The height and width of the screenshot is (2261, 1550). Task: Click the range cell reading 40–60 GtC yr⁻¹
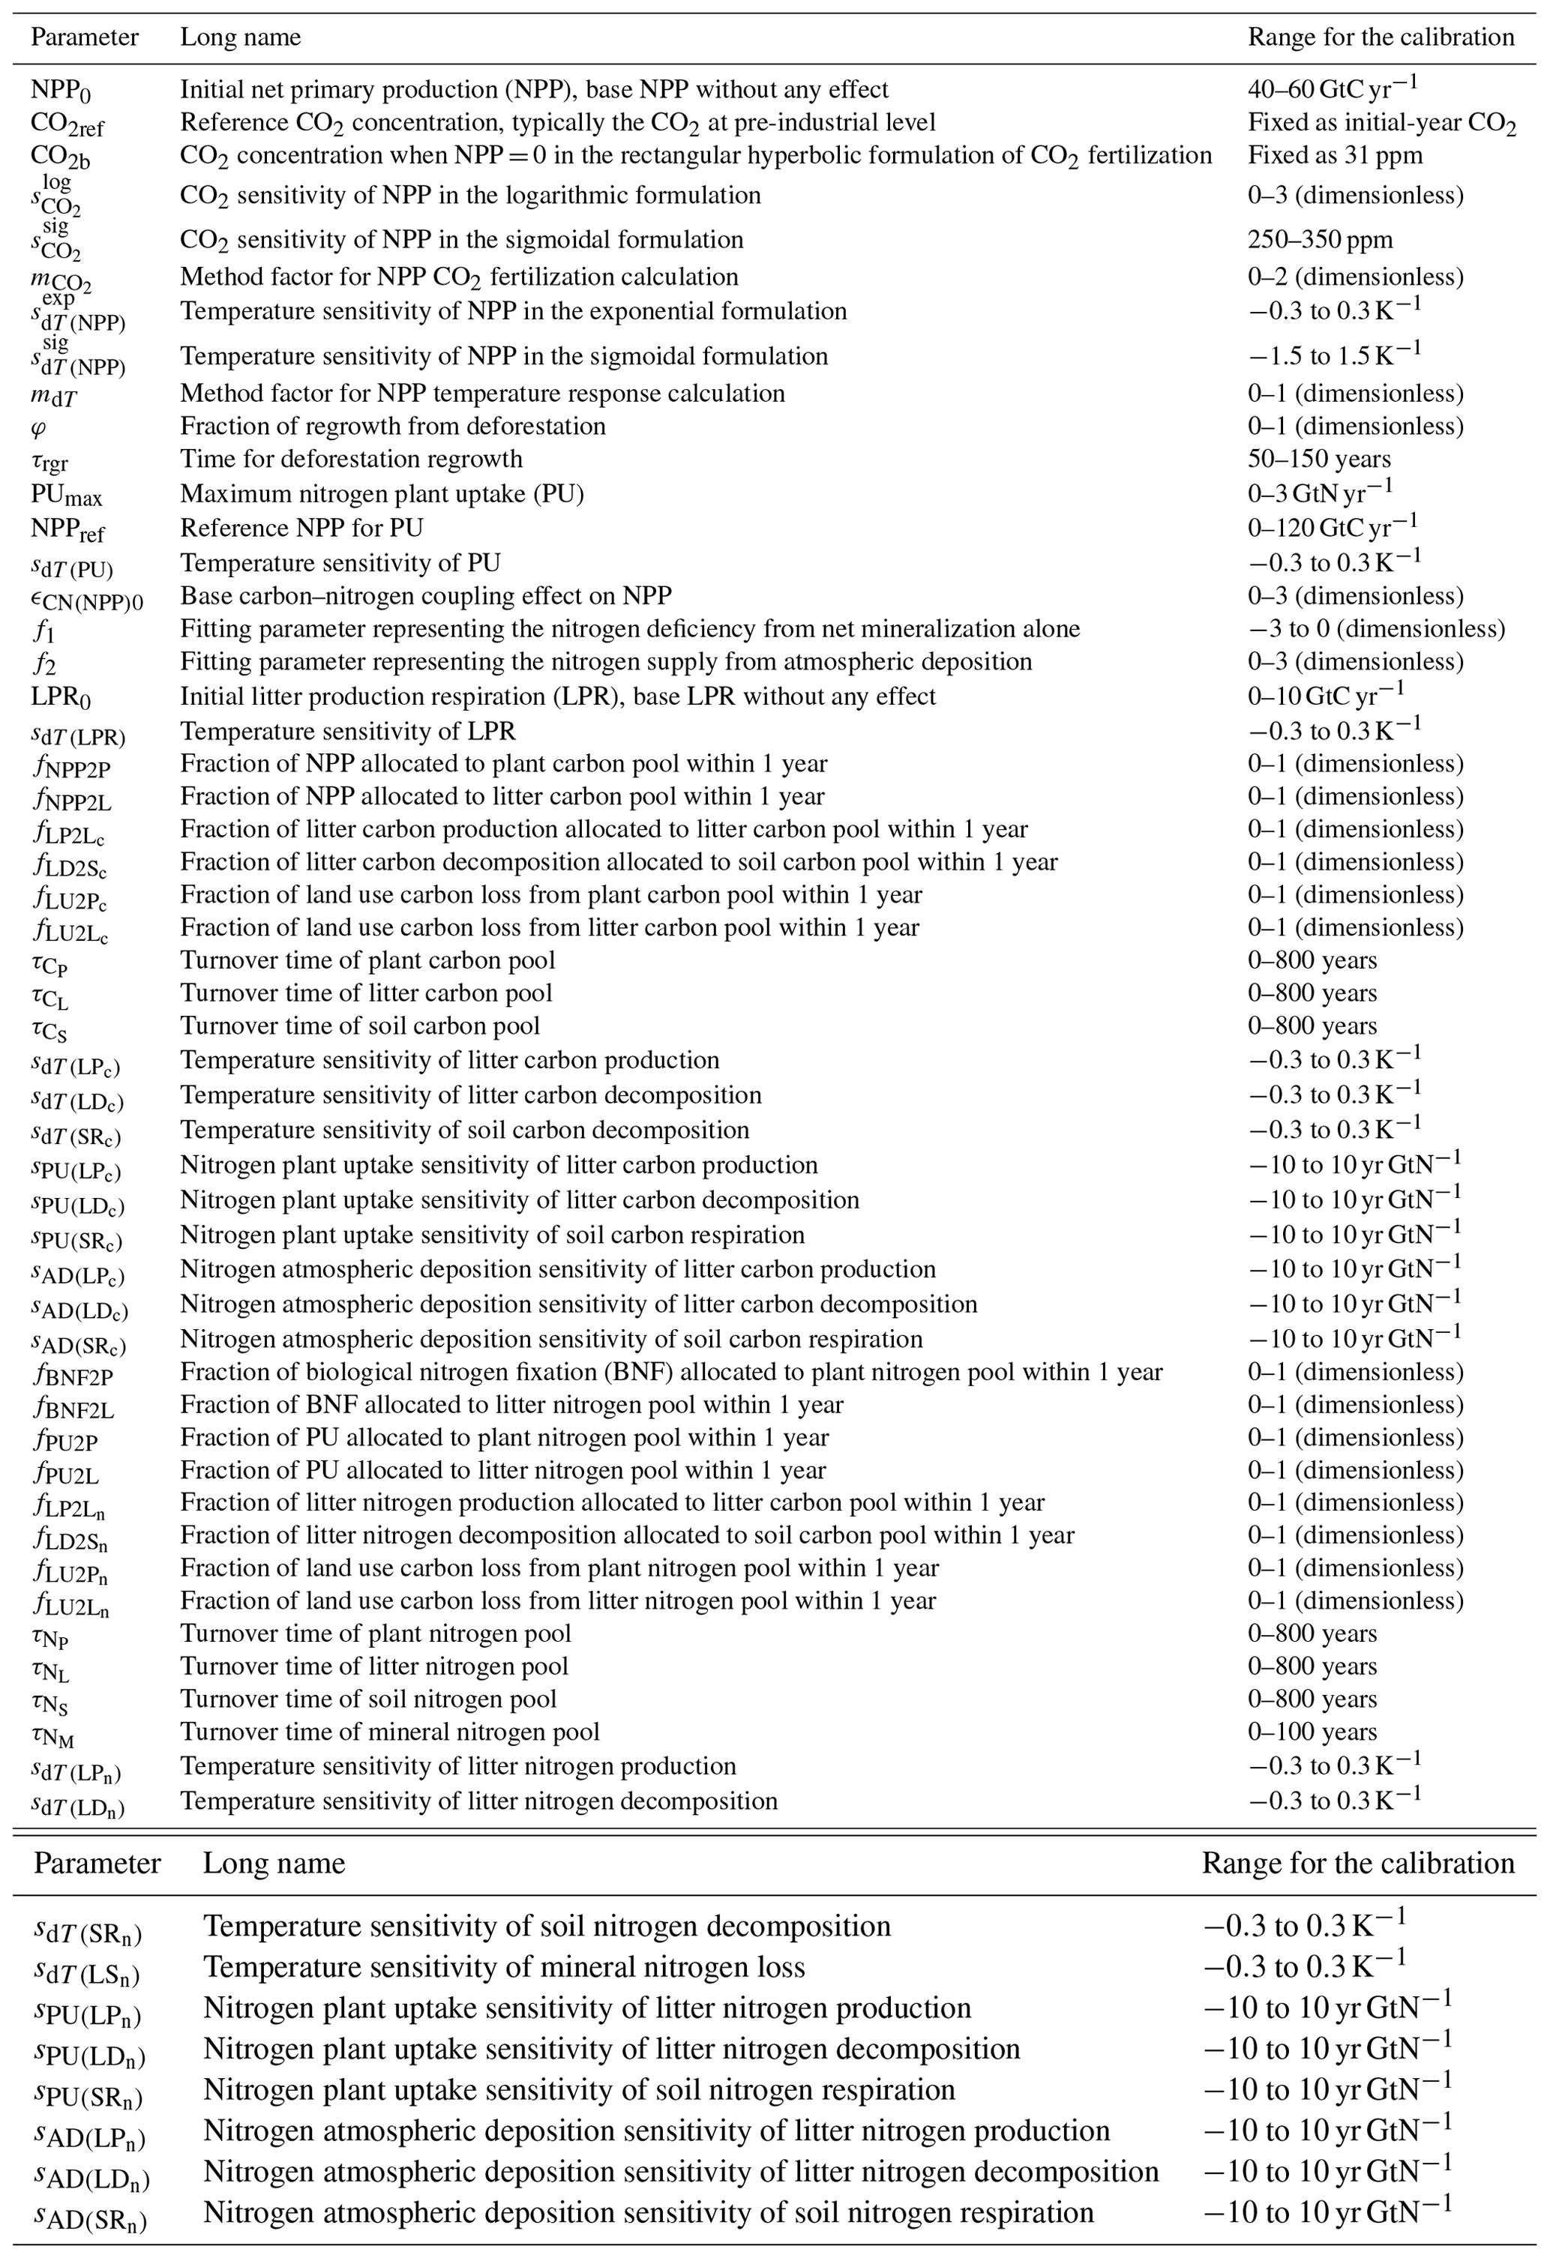tap(1332, 88)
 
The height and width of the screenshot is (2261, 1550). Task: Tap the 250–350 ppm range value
tap(1319, 239)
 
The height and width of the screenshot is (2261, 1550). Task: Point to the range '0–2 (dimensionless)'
tap(1355, 277)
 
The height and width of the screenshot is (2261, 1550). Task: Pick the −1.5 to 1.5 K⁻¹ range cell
tap(1334, 355)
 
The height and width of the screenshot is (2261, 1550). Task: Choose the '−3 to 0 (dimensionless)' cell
tap(1376, 628)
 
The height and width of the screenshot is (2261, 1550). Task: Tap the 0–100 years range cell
tap(1312, 1732)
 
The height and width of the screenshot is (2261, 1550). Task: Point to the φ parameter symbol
tap(39, 426)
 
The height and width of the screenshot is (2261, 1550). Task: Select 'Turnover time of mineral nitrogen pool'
tap(390, 1732)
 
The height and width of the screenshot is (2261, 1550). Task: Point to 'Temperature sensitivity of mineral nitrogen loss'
tap(504, 1966)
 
